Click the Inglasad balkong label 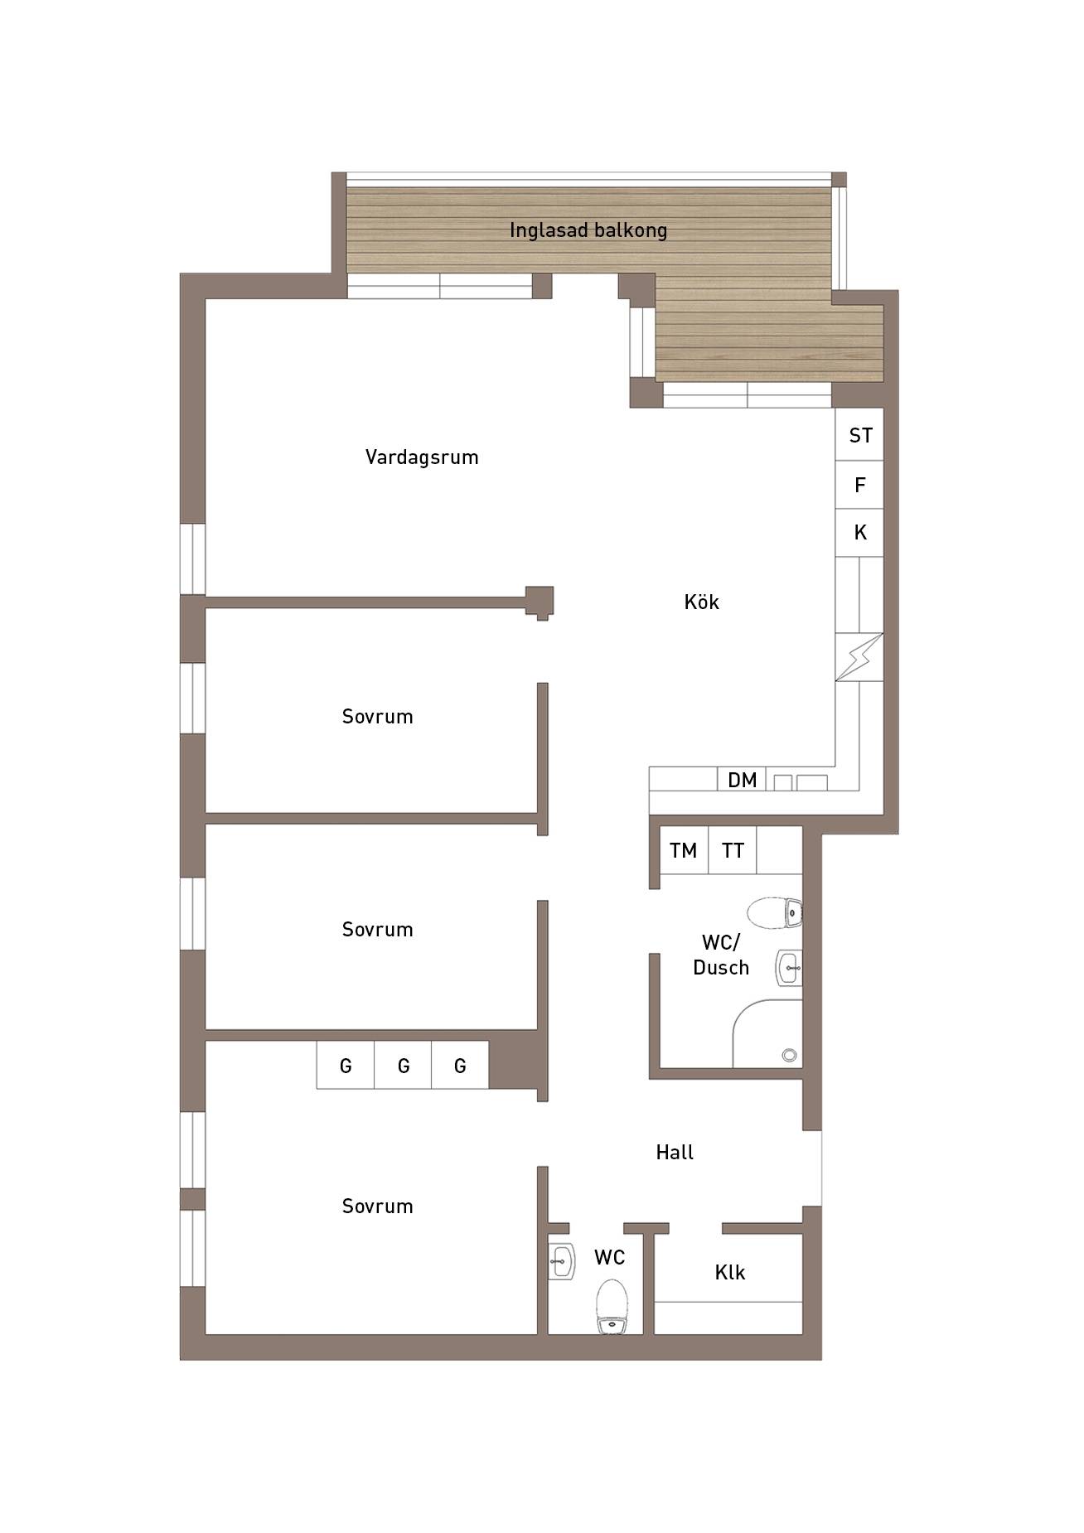[588, 230]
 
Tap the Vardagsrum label [422, 457]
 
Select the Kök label [702, 602]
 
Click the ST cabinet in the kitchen [859, 435]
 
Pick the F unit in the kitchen [859, 485]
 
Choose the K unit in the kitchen [859, 533]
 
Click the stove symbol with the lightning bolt [859, 657]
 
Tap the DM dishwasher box [742, 779]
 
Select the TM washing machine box [684, 850]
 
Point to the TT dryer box [733, 850]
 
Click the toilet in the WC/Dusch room [775, 912]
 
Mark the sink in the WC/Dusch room [789, 967]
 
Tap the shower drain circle [789, 1055]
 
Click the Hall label [675, 1152]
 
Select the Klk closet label [730, 1272]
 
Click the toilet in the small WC [612, 1307]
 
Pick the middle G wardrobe [403, 1065]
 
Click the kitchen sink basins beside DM [800, 782]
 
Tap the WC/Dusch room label [720, 955]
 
